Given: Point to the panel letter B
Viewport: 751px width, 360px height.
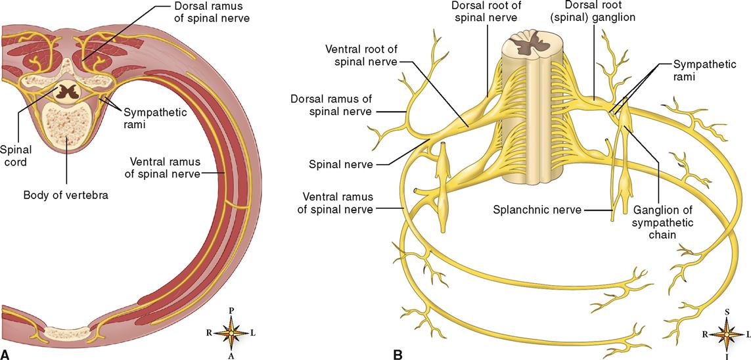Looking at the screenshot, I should (x=398, y=353).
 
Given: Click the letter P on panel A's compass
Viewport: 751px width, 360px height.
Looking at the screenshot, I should (x=231, y=310).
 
